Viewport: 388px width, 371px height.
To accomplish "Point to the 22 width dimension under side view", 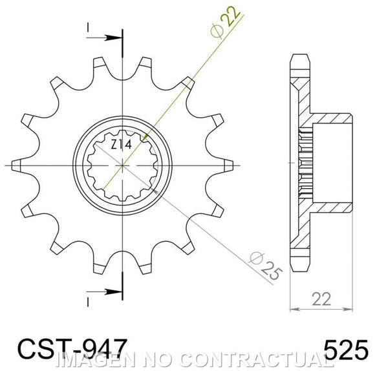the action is (321, 299).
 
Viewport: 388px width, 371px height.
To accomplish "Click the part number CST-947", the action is (72, 349).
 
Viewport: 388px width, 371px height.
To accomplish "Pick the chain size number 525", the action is (346, 350).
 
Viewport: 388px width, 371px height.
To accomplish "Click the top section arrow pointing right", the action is (104, 38).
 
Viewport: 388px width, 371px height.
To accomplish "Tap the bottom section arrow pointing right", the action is (104, 292).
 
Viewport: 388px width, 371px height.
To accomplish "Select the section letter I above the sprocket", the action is (88, 27).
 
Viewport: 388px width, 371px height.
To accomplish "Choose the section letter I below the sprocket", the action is (88, 302).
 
